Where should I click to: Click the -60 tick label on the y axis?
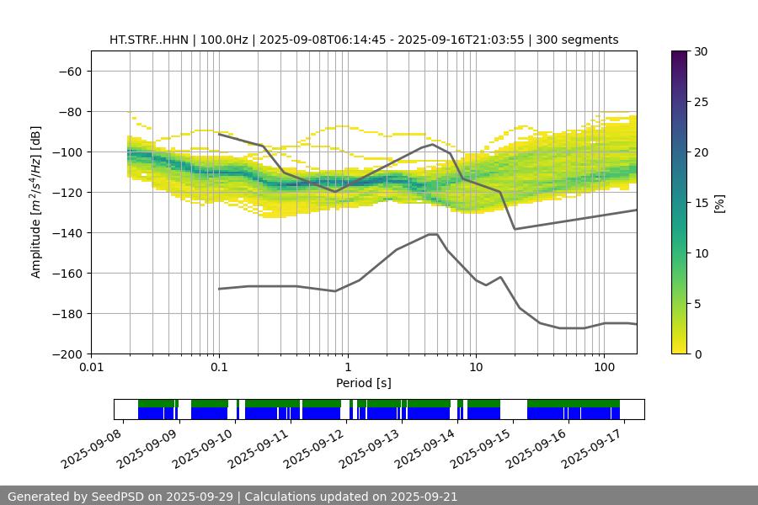tap(69, 72)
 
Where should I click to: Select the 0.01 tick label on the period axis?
tap(91, 368)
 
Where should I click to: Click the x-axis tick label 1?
tap(348, 368)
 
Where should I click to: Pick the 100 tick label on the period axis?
tap(604, 368)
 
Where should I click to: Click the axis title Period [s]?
tap(364, 383)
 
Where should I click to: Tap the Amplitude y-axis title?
tap(36, 203)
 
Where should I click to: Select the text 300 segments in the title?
tap(583, 40)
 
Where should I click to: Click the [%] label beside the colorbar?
tap(719, 203)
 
